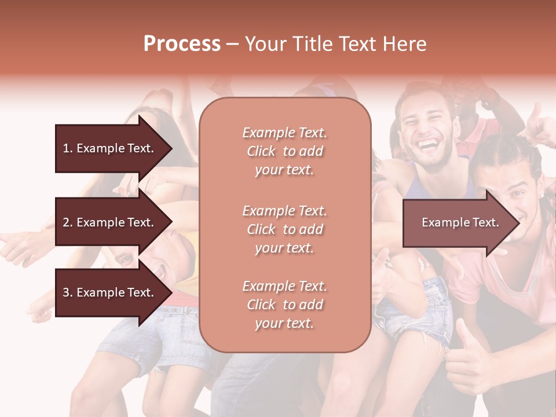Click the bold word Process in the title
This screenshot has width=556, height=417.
(182, 44)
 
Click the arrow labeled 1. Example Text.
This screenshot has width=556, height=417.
(110, 148)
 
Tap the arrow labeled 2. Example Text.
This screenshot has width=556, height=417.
(110, 222)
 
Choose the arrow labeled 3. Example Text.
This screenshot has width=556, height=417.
(110, 293)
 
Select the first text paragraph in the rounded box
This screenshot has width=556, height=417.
(284, 151)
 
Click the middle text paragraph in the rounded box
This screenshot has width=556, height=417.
(284, 229)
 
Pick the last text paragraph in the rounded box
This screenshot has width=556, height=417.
(284, 305)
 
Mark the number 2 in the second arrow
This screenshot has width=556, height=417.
(67, 222)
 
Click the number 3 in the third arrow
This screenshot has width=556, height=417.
(67, 293)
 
